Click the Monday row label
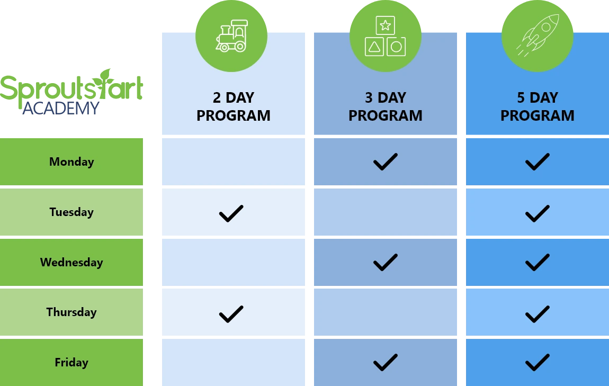71,161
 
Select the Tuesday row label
71,212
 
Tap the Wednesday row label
71,262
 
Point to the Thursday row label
71,312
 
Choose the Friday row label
71,362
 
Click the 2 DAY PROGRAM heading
233,106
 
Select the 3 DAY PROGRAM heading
385,106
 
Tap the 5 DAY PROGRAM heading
537,106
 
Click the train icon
231,35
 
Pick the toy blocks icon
385,36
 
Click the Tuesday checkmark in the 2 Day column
231,213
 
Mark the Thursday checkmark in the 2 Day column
231,313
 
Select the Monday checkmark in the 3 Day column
385,162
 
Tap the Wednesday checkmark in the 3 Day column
385,262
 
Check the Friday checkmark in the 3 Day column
385,363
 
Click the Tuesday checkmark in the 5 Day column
537,213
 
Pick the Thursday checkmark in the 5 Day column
537,313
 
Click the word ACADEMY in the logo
60,109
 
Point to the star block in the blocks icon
386,25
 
